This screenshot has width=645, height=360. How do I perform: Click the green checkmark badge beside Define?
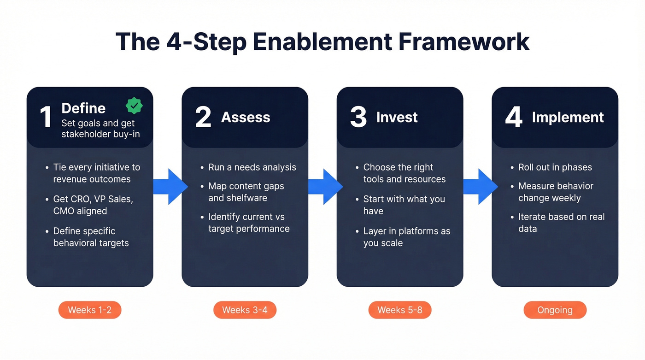click(x=134, y=106)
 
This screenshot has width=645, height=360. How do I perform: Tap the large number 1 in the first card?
click(x=45, y=117)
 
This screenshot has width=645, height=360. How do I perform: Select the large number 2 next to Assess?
click(x=203, y=117)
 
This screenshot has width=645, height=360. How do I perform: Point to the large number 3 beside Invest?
click(x=358, y=117)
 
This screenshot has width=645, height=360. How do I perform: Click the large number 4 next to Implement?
click(x=514, y=117)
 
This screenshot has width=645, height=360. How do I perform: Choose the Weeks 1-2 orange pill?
click(x=90, y=310)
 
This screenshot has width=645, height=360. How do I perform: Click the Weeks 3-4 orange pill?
click(x=245, y=310)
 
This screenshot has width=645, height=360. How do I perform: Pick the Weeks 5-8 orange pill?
click(x=400, y=310)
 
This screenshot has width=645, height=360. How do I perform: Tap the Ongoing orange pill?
click(x=555, y=310)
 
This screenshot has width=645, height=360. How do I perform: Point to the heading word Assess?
click(x=246, y=118)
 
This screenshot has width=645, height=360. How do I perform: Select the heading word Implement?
click(x=568, y=118)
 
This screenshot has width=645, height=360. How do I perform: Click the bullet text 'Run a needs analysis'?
click(x=252, y=167)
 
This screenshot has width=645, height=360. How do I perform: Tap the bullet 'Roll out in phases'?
click(x=555, y=167)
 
